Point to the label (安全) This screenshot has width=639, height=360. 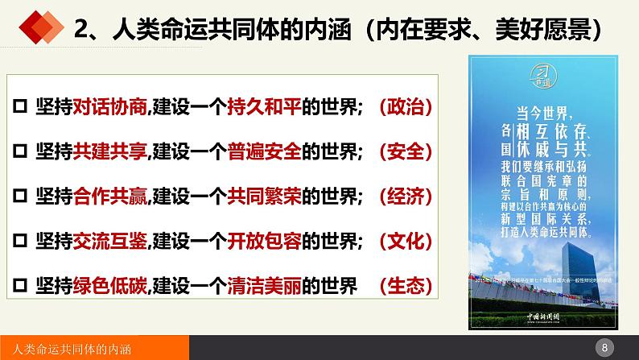(399, 151)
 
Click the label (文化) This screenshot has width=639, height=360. (399, 241)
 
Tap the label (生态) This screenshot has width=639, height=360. (399, 286)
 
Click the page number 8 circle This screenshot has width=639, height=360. (604, 347)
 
